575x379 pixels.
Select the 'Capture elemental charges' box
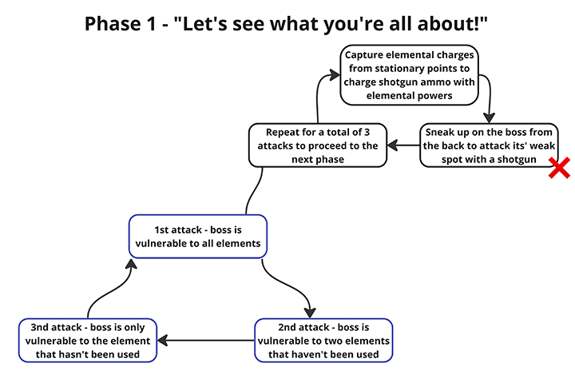point(410,76)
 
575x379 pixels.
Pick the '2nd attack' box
point(323,340)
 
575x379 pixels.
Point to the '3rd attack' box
point(87,340)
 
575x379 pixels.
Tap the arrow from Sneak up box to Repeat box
point(402,146)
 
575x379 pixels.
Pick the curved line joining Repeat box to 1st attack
point(254,189)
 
